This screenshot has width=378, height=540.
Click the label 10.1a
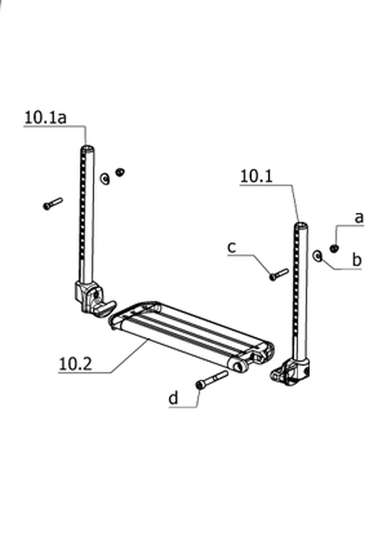click(45, 118)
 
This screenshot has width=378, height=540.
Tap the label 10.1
click(256, 176)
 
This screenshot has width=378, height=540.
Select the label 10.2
click(75, 364)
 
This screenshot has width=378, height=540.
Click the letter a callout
click(359, 218)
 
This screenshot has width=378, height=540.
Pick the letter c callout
click(232, 247)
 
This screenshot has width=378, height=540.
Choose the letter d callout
click(174, 398)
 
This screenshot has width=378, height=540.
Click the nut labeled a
click(333, 248)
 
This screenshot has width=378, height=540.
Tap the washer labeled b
click(317, 256)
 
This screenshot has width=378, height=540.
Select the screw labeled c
click(279, 275)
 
